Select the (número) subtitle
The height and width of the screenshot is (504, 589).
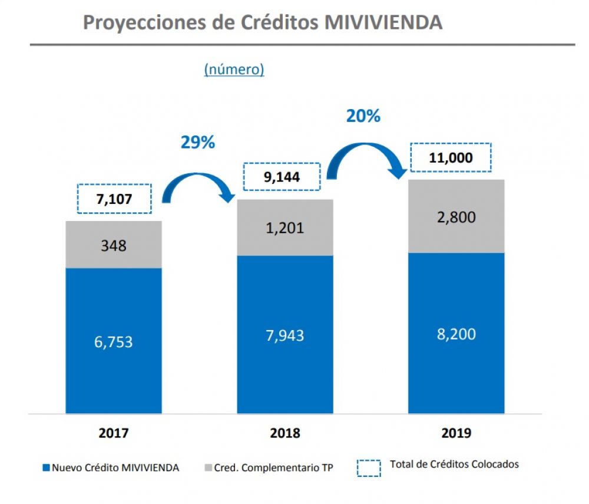(x=234, y=70)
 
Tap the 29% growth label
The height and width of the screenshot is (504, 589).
(x=197, y=142)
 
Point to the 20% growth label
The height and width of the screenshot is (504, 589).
(x=363, y=116)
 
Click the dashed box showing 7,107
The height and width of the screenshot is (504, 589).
(x=114, y=199)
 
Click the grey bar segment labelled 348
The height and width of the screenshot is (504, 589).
(x=114, y=245)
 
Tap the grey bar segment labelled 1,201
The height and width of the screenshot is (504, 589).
(x=285, y=227)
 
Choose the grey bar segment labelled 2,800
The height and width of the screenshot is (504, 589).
(x=456, y=216)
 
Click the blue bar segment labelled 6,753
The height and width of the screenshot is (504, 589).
(x=114, y=341)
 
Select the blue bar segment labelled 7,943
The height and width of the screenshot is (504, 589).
(x=285, y=335)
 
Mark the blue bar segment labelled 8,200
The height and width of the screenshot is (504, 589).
(x=456, y=333)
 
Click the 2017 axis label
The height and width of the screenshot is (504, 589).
(x=114, y=433)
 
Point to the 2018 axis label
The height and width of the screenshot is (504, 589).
(x=285, y=433)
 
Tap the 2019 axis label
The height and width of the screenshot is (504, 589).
(x=456, y=433)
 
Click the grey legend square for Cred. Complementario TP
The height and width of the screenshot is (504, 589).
(x=208, y=468)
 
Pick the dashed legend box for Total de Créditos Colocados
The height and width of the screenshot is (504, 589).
(x=369, y=467)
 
